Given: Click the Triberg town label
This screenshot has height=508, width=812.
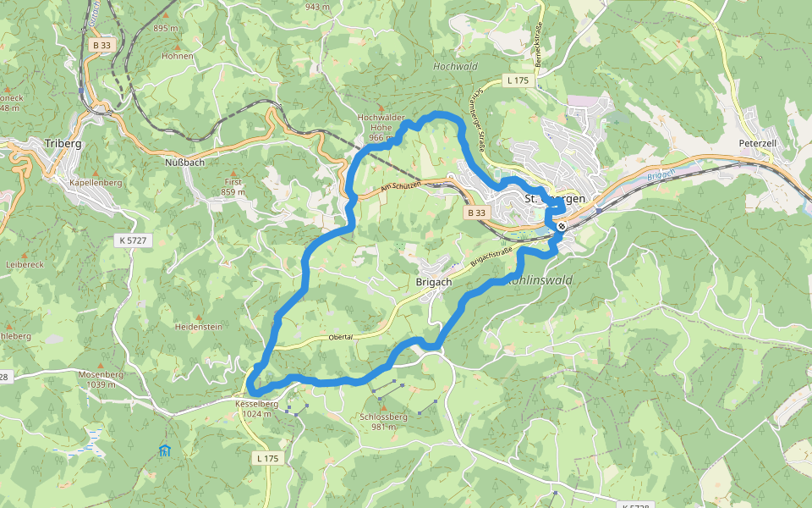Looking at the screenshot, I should [x=64, y=144].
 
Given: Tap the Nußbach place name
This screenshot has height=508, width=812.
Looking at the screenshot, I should [x=184, y=161].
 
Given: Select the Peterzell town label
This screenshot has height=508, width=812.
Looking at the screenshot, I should [x=757, y=144].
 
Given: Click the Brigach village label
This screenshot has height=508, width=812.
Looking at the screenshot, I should [x=434, y=282].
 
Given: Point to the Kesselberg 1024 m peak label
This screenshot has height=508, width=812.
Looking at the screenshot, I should [x=256, y=409].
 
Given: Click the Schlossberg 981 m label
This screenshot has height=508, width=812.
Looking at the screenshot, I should [x=383, y=422].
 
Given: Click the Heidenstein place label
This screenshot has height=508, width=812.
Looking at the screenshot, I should [x=198, y=326].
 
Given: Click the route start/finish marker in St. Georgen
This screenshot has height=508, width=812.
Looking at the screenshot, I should [x=562, y=226].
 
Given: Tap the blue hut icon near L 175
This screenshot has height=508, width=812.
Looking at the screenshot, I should [x=164, y=450].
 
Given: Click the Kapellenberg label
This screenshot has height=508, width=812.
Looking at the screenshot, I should [x=96, y=183].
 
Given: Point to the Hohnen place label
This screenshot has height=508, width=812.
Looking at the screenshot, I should [x=178, y=57].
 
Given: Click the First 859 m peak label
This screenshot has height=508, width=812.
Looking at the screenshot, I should [x=233, y=187].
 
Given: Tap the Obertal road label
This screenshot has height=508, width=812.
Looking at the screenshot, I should [x=338, y=337].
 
